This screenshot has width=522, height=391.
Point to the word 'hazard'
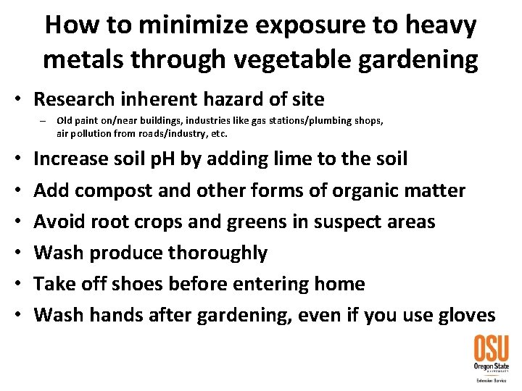(244, 98)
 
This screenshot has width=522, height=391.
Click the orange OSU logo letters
(491, 349)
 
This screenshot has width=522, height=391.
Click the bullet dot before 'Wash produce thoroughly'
(17, 253)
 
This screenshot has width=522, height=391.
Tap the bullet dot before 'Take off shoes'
(17, 284)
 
